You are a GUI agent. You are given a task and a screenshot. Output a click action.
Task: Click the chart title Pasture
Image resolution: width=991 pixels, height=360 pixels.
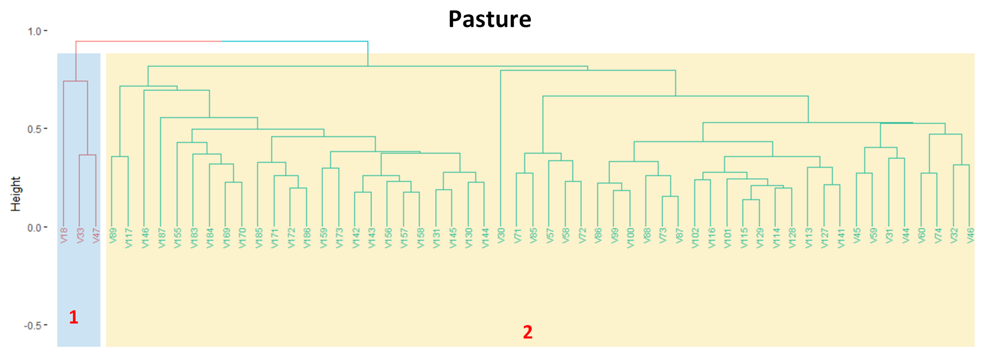(489, 19)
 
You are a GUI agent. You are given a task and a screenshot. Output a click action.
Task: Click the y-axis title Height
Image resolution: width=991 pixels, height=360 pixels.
(15, 194)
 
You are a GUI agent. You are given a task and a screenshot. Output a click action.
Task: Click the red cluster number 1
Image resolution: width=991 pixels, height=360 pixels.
(73, 317)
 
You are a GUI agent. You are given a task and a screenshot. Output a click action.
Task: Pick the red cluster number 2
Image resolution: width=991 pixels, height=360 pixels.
(527, 332)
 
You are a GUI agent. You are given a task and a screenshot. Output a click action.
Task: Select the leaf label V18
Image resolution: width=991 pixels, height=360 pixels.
(64, 235)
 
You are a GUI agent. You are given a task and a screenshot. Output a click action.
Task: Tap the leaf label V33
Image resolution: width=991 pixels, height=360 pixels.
(80, 235)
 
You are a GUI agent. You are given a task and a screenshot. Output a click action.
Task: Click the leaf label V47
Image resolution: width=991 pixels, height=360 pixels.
(96, 235)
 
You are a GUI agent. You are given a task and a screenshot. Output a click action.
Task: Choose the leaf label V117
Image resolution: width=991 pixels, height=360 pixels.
(128, 238)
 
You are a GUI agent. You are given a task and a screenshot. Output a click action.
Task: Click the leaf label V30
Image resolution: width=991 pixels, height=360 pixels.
(501, 235)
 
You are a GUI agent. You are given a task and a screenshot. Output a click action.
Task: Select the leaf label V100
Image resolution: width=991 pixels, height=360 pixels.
(630, 238)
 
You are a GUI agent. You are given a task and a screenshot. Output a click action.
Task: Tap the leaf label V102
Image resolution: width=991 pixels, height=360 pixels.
(695, 238)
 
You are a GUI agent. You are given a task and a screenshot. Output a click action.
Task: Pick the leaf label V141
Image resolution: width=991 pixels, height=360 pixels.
(841, 238)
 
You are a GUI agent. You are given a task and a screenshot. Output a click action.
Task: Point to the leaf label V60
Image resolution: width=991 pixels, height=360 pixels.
(921, 235)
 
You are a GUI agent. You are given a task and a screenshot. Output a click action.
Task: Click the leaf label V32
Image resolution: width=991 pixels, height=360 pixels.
(954, 235)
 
